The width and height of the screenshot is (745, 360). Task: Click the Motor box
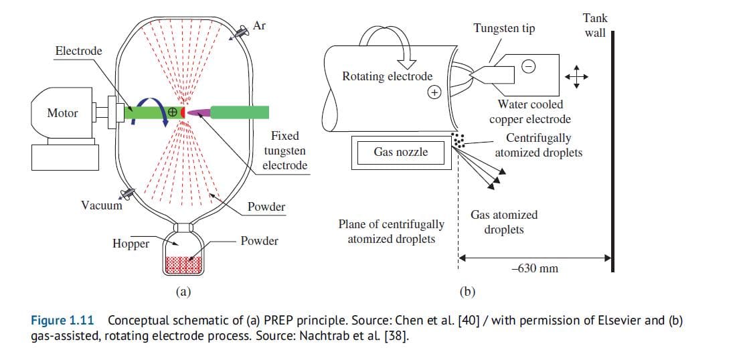(x=62, y=114)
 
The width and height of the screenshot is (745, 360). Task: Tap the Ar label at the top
(x=259, y=25)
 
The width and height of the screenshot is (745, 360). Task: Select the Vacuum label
(x=102, y=205)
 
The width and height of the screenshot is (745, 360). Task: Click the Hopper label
(x=131, y=244)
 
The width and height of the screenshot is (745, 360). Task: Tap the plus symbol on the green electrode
(x=173, y=112)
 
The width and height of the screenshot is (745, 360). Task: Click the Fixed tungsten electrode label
(x=285, y=151)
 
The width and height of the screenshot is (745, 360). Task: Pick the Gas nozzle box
(x=400, y=153)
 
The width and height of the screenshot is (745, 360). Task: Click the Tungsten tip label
(x=504, y=28)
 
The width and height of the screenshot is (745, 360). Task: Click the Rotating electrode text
(x=387, y=76)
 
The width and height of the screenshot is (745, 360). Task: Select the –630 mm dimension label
(x=533, y=268)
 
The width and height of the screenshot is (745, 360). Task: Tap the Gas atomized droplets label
(x=503, y=221)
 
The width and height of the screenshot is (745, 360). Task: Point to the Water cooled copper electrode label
(x=530, y=112)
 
